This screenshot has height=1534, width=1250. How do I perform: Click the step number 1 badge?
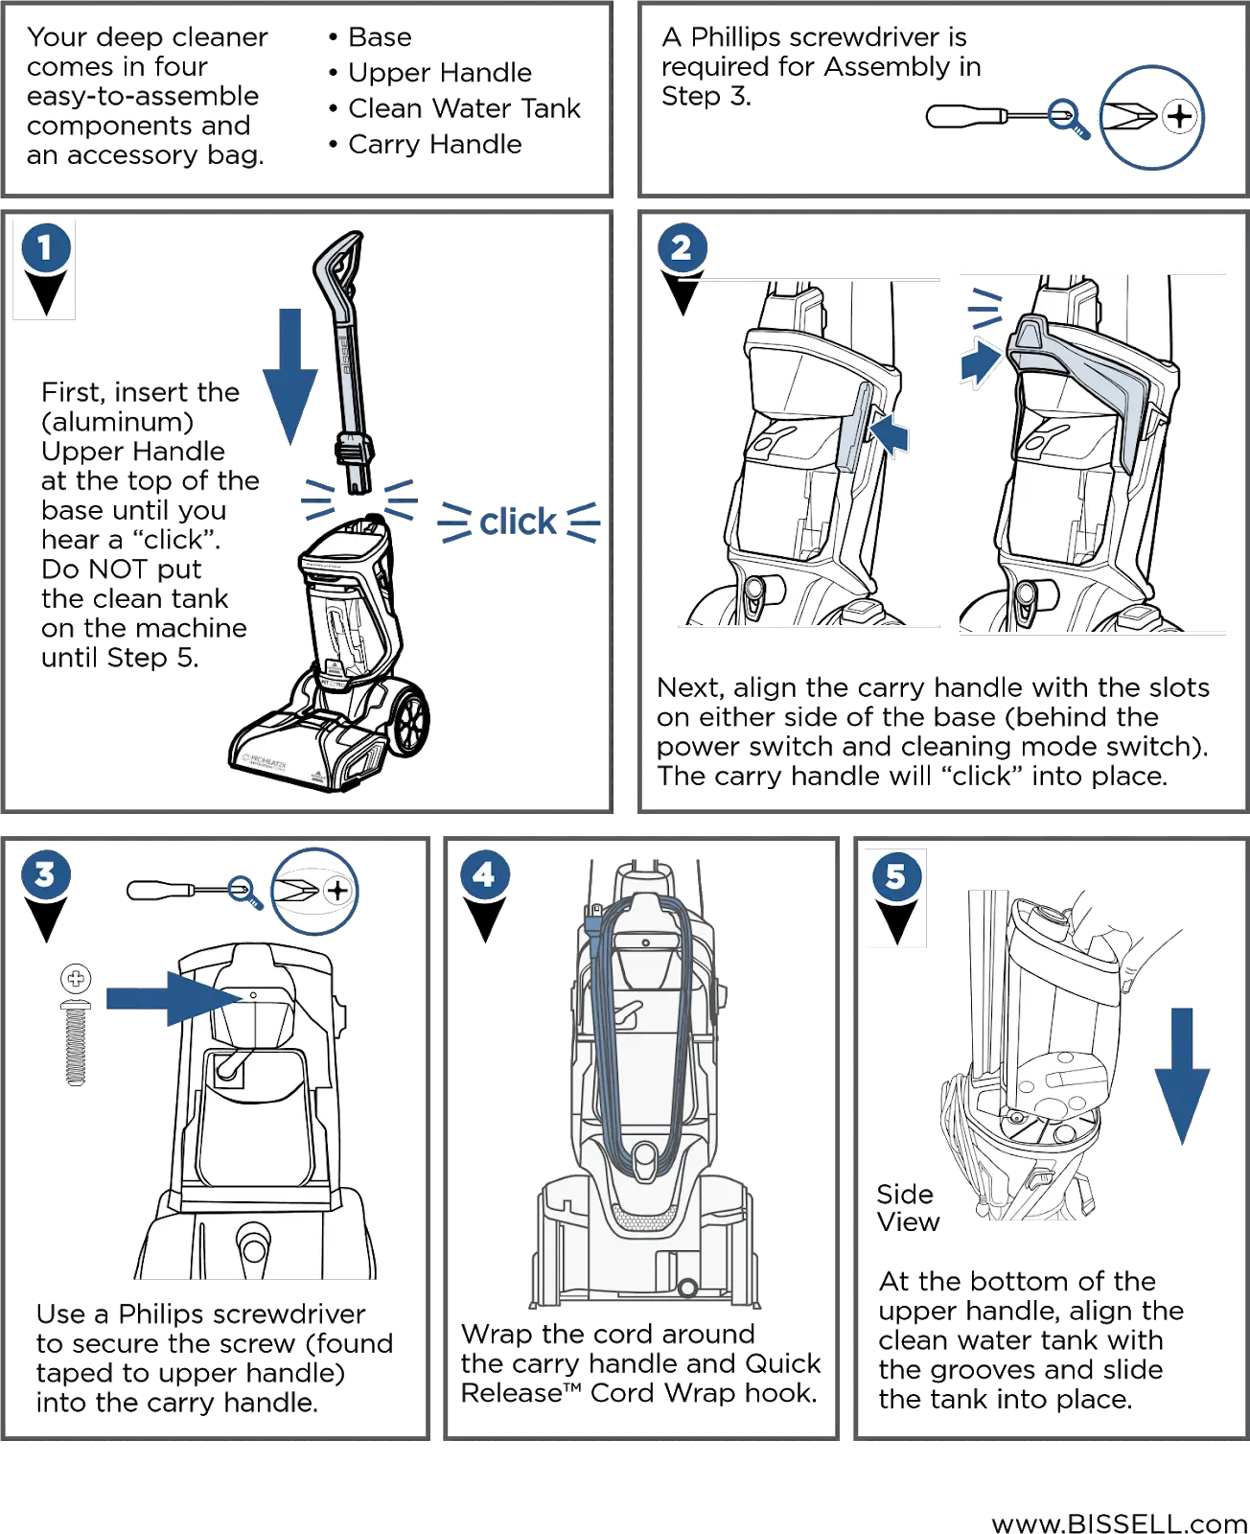pyautogui.click(x=44, y=247)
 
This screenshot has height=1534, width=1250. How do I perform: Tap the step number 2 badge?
pyautogui.click(x=682, y=248)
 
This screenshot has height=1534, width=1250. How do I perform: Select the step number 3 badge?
pyautogui.click(x=45, y=874)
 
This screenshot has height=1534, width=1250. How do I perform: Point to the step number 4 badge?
pyautogui.click(x=484, y=874)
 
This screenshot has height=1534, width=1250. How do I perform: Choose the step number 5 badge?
pyautogui.click(x=895, y=875)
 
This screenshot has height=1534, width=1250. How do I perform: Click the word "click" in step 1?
pyautogui.click(x=519, y=523)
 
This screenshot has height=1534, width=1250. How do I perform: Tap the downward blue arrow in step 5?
pyautogui.click(x=1182, y=1074)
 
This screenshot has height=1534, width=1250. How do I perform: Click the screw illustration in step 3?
pyautogui.click(x=76, y=1026)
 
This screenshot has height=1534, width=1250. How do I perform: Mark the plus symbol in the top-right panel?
pyautogui.click(x=1180, y=117)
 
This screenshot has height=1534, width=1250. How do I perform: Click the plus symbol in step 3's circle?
pyautogui.click(x=337, y=891)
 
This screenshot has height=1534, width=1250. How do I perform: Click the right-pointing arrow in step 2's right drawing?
pyautogui.click(x=981, y=364)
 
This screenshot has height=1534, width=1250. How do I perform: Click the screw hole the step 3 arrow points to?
pyautogui.click(x=253, y=995)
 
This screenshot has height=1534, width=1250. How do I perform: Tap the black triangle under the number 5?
pyautogui.click(x=895, y=921)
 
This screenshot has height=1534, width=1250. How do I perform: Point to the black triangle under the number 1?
pyautogui.click(x=45, y=292)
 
